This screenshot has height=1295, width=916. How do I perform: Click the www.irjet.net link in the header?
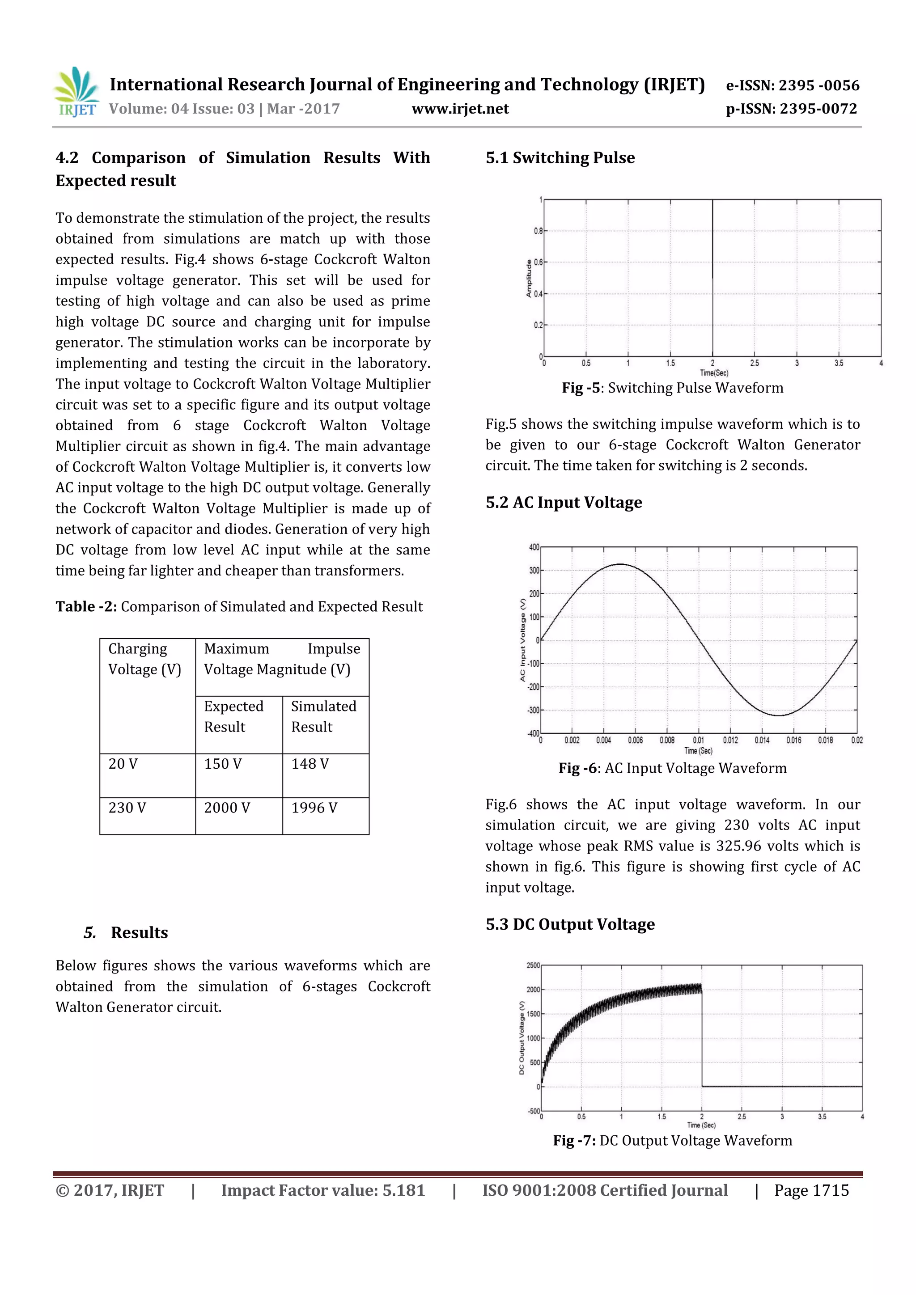460,109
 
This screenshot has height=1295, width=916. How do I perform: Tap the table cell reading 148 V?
310,764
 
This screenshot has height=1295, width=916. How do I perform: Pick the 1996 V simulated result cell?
314,808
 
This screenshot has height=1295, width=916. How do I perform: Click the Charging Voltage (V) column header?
144,659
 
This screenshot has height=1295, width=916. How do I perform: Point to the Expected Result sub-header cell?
233,716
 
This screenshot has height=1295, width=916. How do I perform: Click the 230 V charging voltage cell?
127,808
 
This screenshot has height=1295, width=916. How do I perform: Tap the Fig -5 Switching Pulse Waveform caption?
672,388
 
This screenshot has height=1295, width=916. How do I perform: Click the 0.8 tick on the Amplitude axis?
538,231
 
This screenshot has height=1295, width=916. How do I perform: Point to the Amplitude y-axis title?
529,278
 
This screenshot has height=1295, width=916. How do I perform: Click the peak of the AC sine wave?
620,564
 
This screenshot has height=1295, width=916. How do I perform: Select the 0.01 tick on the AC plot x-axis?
698,741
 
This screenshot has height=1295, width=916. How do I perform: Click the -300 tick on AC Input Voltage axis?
533,711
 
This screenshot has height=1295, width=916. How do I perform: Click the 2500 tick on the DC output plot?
533,965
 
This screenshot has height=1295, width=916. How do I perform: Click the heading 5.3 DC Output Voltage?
570,924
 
